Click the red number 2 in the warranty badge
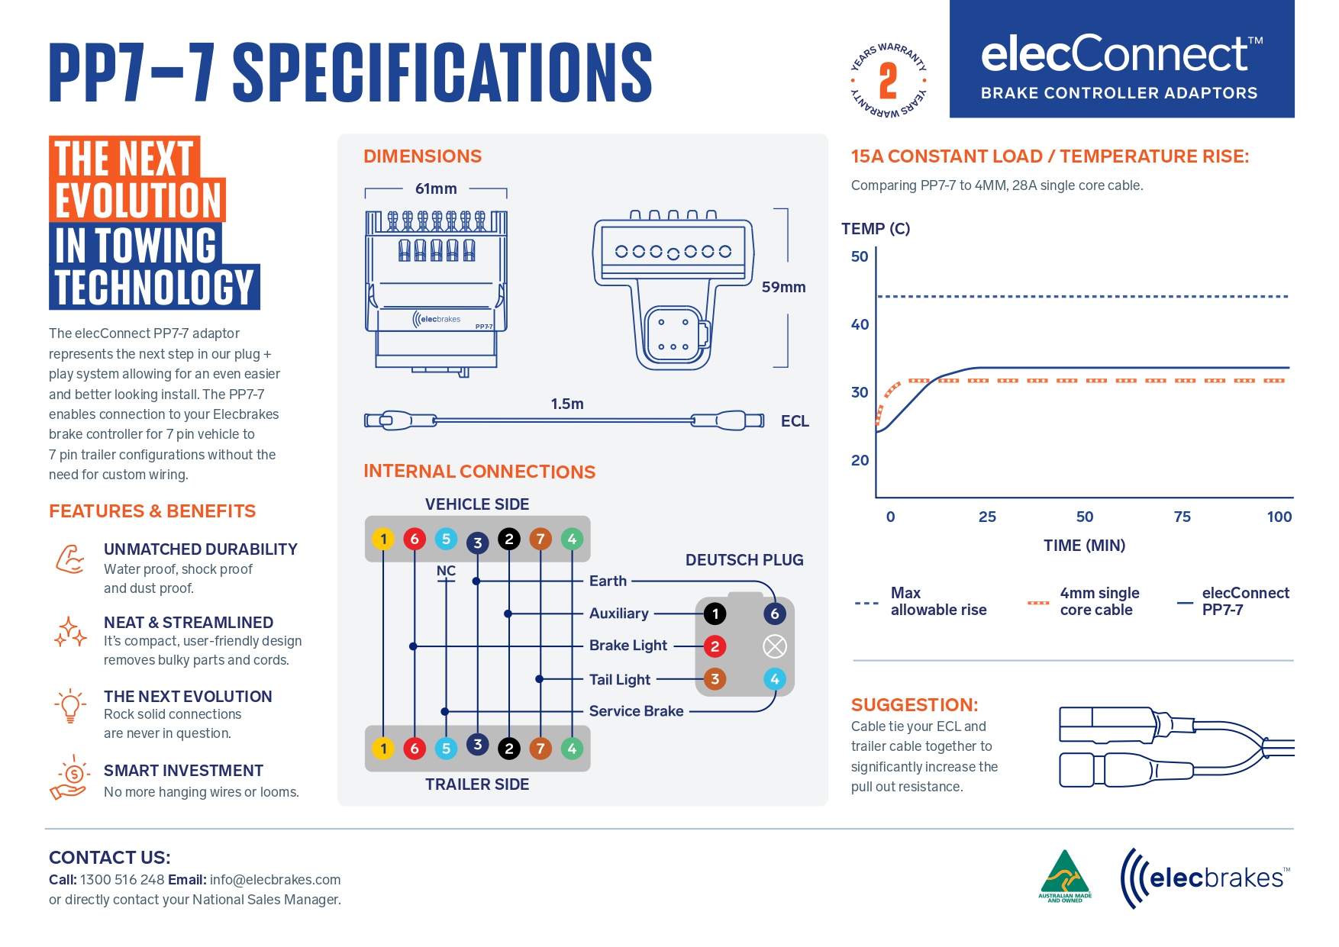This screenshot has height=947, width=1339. click(888, 81)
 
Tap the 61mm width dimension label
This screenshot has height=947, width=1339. click(436, 188)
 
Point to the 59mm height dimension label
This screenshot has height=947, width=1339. click(783, 287)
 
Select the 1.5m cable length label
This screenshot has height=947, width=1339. click(567, 404)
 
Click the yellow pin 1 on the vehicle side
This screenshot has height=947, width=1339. click(383, 540)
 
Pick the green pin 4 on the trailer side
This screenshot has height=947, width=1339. click(572, 749)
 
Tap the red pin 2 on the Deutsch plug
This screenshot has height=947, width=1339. click(715, 646)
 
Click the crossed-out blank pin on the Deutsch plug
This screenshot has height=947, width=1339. click(774, 646)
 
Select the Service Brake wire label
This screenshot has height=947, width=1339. click(636, 711)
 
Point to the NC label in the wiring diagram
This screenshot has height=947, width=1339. click(446, 571)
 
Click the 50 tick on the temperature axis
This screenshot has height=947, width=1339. click(860, 256)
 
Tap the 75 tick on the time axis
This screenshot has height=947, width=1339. click(1182, 517)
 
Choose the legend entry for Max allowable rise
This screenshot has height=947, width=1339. click(938, 601)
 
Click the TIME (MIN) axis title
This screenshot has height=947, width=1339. click(1084, 546)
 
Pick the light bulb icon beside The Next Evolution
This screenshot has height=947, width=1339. click(70, 706)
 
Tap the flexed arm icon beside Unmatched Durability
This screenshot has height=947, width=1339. click(70, 559)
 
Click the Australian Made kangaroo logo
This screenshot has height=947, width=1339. click(1065, 876)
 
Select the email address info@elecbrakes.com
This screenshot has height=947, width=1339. click(275, 880)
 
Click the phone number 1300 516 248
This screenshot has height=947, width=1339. click(122, 880)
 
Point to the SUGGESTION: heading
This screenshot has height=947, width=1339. click(915, 704)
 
